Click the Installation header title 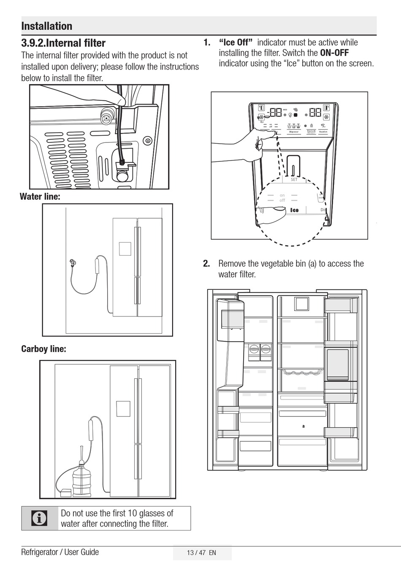click(47, 26)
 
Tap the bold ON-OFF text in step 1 click(334, 53)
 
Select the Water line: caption click(40, 196)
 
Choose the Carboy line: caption click(43, 349)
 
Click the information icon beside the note click(39, 518)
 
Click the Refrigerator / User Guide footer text click(60, 552)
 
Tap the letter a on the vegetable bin click(303, 426)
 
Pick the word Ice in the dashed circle click(294, 210)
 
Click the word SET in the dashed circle click(294, 180)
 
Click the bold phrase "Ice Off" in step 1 click(236, 43)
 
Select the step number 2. click(206, 264)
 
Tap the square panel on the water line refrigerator click(125, 249)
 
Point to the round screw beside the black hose click(147, 140)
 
